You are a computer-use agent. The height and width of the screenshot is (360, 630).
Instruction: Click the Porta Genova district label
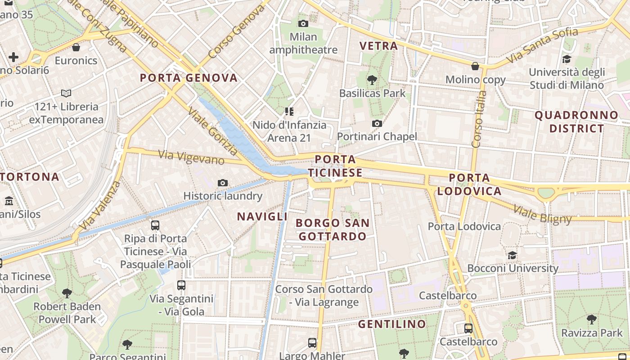pos(189,78)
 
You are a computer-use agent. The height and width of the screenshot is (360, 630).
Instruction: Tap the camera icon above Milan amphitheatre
pos(303,23)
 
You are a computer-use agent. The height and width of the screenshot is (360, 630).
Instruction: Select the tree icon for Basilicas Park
pos(372,81)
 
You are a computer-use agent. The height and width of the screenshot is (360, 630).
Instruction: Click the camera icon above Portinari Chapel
pos(377,123)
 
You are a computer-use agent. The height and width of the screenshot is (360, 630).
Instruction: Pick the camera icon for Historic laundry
pos(222,183)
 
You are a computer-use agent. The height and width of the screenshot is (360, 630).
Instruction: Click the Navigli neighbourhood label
pos(262,216)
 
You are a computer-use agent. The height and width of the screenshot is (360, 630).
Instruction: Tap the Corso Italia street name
pos(479,119)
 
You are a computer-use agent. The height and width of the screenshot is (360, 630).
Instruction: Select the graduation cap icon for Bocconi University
pos(512,256)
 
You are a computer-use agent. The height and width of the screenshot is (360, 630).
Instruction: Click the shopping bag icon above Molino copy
pos(475,67)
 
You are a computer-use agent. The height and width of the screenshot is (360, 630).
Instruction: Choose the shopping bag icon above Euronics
pos(76,47)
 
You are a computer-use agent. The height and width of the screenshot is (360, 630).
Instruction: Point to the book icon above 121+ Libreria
pos(66,94)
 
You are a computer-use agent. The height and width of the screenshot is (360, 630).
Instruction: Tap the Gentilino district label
pos(392,324)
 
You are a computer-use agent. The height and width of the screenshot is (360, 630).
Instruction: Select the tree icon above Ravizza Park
pos(591,319)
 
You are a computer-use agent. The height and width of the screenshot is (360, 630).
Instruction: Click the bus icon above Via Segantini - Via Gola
pos(181,285)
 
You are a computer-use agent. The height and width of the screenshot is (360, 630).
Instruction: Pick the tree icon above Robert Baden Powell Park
pos(67,293)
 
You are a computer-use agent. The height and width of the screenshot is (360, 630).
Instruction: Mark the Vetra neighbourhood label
pos(378,46)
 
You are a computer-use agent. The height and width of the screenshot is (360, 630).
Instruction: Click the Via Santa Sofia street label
pos(542,45)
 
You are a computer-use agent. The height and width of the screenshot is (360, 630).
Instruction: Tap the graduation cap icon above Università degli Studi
pos(567,59)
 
